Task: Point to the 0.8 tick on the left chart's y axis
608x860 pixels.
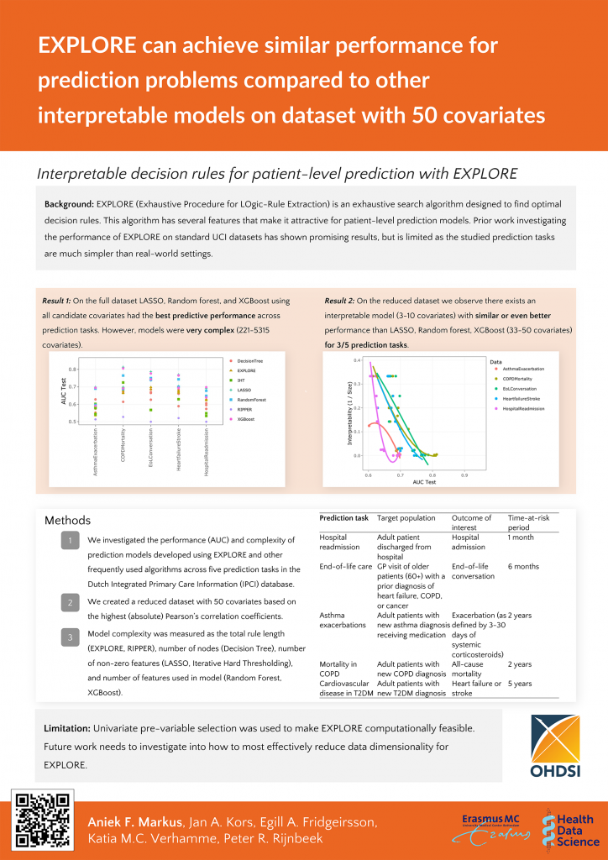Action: pos(71,369)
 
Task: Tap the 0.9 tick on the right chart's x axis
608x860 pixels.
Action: pos(463,475)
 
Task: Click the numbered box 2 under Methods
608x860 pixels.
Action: pos(71,602)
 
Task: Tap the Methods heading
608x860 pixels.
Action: pos(67,521)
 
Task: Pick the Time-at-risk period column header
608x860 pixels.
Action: pos(528,522)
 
